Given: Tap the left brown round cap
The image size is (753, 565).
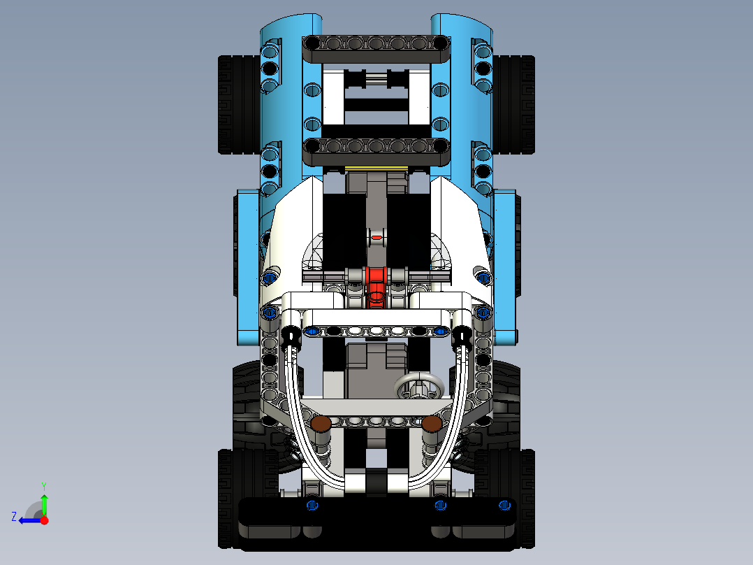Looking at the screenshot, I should tap(321, 423).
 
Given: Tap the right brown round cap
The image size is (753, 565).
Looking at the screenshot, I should tap(432, 424).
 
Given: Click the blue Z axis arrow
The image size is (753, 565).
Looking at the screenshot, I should tap(28, 520).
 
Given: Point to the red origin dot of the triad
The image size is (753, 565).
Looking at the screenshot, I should tap(45, 520).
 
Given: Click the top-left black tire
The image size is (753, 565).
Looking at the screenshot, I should tap(234, 105).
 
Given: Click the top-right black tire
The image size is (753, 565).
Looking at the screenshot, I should tap(518, 105).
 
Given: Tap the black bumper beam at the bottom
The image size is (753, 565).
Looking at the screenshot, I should tap(376, 517).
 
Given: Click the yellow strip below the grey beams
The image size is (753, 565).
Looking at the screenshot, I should tap(376, 169).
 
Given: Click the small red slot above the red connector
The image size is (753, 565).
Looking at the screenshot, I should tap(376, 238).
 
